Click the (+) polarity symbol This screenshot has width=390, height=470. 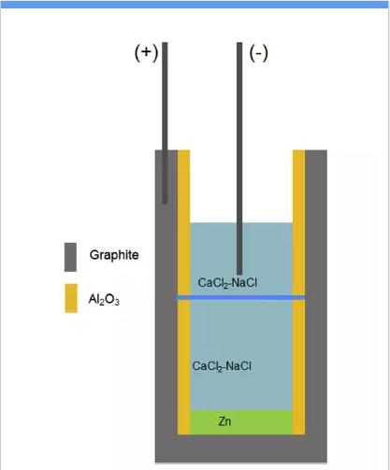pos(146,52)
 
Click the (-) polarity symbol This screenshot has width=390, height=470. pos(259,52)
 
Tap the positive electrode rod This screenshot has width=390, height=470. pos(165,123)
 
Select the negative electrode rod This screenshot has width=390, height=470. pos(239,159)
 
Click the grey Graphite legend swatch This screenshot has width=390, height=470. pos(70,257)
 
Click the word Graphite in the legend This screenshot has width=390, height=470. pos(114,255)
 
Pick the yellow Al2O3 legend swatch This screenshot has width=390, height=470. pos(71,298)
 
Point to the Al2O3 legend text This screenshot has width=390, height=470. pos(104,300)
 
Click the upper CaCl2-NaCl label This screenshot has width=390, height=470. pos(227,283)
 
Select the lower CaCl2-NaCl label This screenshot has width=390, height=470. pos(222,366)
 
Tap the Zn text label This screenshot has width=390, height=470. pos(224,421)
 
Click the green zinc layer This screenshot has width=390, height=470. pos(241,422)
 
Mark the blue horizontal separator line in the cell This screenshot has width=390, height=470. pos(240,298)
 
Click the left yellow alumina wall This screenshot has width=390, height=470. pos(183,292)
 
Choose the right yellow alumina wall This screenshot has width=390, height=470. pos(298,292)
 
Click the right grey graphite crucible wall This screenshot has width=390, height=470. pos(316,292)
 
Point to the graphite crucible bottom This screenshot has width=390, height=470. pos(241,449)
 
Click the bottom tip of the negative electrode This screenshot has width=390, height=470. pos(239,275)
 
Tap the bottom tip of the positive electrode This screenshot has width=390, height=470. pos(165,204)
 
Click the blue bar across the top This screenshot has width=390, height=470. pos(195,5)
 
